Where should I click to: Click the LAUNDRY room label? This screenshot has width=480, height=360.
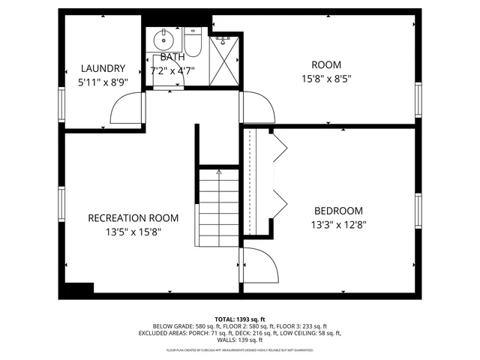pos(103,67)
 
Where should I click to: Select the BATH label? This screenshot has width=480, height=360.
pos(172,57)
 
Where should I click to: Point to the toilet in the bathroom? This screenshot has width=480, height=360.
pos(192,45)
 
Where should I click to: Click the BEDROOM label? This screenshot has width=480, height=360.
pos(337,211)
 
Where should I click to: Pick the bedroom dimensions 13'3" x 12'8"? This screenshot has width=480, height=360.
pos(337,223)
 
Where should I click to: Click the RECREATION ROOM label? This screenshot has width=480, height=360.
pos(133,218)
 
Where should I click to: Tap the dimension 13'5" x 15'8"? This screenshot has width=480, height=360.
pos(133,232)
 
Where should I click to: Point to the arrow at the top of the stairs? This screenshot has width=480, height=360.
pos(218,173)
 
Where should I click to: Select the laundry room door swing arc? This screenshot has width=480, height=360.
pos(126,109)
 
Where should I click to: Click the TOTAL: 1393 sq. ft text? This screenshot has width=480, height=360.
pos(240,319)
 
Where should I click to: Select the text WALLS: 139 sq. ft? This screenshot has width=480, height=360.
pos(240,340)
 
